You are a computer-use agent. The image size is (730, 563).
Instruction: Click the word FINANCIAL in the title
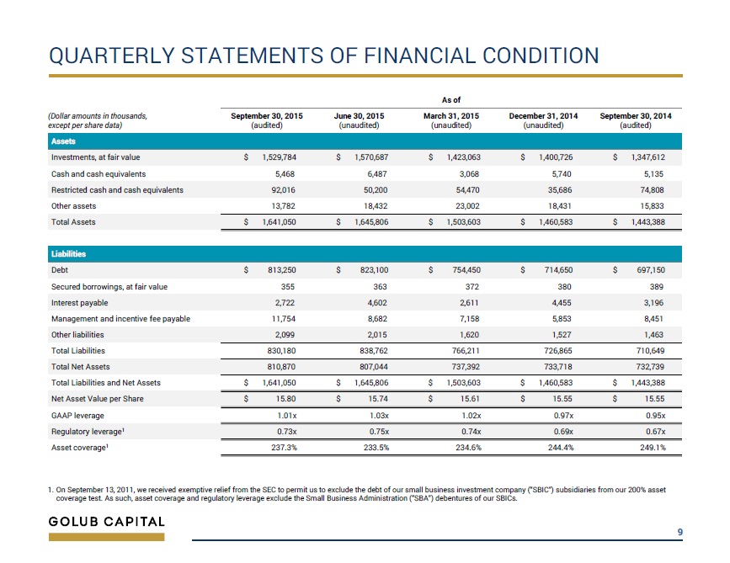[x=420, y=56]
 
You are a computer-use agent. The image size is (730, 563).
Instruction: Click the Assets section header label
[x=63, y=141]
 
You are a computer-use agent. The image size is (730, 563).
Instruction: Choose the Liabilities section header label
[x=68, y=254]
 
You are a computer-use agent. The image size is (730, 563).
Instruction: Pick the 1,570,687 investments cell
[x=371, y=157]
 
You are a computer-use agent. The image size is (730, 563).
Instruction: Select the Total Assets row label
[x=73, y=222]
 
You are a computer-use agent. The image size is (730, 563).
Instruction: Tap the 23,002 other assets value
[x=467, y=205]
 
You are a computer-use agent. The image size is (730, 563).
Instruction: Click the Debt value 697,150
[x=651, y=270]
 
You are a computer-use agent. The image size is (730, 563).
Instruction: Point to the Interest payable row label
[x=80, y=303]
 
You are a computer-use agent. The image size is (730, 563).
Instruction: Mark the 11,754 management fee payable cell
[x=284, y=319]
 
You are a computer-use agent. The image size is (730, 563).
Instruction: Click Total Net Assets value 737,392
[x=466, y=367]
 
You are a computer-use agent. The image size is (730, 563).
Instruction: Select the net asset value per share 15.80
[x=286, y=399]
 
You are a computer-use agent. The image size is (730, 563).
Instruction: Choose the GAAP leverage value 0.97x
[x=563, y=416]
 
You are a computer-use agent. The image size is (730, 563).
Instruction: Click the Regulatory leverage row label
[x=88, y=432]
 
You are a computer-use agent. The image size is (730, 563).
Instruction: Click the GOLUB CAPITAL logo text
[x=107, y=522]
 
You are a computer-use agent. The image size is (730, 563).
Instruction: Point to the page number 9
[x=680, y=532]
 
